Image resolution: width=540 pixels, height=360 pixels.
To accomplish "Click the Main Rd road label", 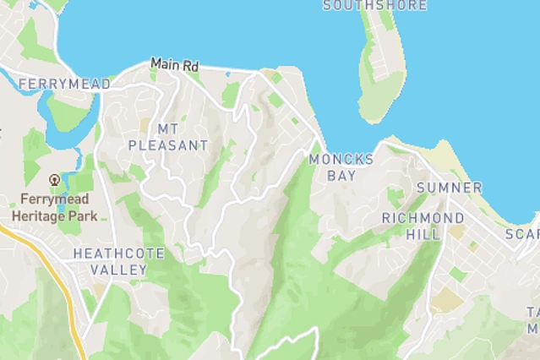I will point(175,64).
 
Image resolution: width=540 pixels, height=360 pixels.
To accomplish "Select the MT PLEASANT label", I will point(167,137).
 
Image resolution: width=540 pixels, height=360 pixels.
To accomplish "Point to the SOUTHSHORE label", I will point(363,5).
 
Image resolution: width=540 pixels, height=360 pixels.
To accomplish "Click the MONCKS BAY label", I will point(341,167).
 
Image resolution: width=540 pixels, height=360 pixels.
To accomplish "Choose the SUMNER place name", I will point(449,188).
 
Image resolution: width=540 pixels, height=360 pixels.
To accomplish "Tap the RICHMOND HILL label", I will point(411,226).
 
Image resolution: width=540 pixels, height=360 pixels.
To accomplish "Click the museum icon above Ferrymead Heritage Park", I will point(55,179).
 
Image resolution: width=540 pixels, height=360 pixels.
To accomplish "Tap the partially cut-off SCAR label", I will point(522,233).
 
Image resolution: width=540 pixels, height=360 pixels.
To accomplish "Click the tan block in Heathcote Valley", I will point(100,290).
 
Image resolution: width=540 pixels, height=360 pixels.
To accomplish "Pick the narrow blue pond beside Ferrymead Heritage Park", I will point(60,202).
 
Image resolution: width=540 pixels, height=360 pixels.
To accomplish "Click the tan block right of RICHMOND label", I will point(456,230).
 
